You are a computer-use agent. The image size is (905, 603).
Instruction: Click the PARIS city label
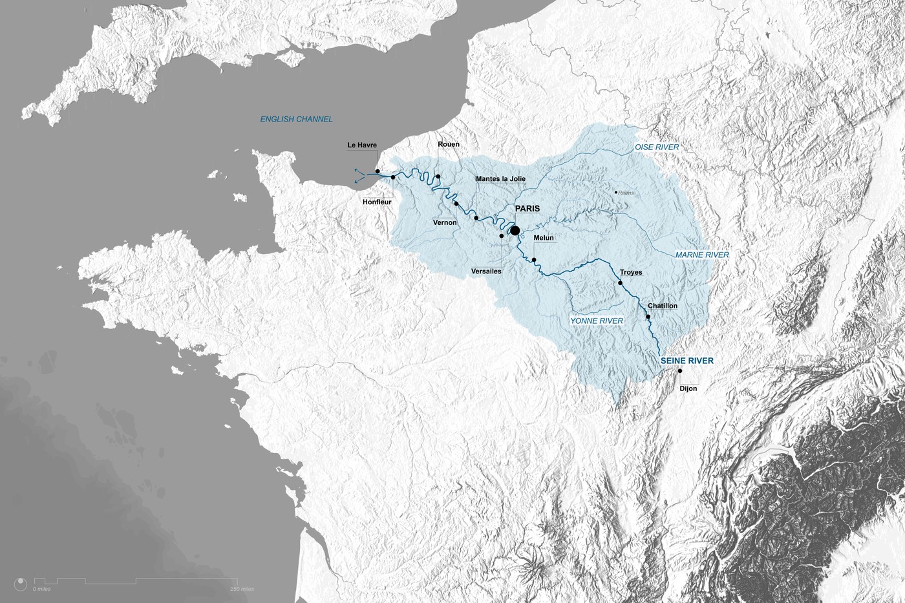click(x=527, y=209)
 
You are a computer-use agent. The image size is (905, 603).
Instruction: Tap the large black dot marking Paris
click(x=515, y=230)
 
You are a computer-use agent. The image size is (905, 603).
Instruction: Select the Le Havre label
click(x=362, y=145)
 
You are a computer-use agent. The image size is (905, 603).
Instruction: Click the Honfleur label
click(x=377, y=202)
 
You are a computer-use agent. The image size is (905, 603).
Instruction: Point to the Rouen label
click(x=449, y=144)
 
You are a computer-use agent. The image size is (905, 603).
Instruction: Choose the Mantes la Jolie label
click(x=500, y=179)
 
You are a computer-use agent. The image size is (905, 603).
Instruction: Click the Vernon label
click(x=445, y=222)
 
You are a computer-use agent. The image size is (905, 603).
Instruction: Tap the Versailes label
click(x=486, y=271)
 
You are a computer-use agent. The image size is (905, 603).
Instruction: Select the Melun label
click(x=544, y=238)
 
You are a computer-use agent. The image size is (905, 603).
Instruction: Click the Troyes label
click(x=631, y=272)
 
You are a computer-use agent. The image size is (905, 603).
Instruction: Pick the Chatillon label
click(x=663, y=306)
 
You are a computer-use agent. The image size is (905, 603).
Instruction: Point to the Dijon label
click(x=688, y=388)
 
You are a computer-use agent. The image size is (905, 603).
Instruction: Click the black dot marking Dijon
click(x=680, y=371)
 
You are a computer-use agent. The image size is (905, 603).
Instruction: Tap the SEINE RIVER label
click(x=687, y=361)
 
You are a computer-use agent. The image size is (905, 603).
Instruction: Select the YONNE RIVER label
click(x=597, y=321)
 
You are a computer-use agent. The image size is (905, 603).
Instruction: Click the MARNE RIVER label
click(x=702, y=255)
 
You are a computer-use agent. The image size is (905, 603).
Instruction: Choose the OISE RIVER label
click(x=657, y=147)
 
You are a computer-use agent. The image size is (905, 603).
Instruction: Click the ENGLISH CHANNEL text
click(x=296, y=120)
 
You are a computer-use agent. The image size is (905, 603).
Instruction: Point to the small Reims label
click(x=626, y=193)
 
